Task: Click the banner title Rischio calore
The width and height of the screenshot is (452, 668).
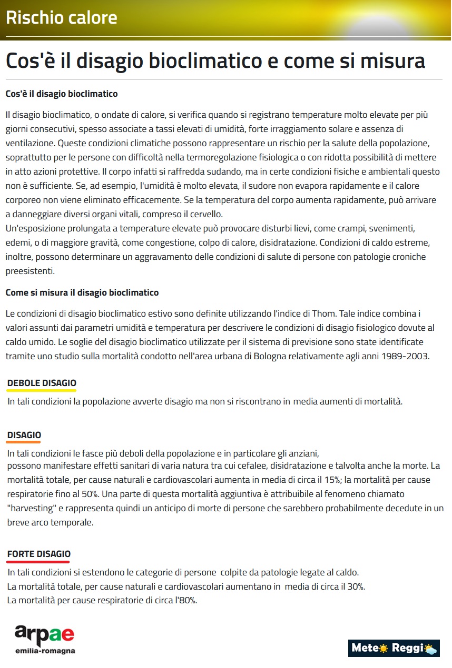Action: (x=61, y=18)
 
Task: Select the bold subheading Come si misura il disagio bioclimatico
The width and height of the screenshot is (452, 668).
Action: (x=82, y=292)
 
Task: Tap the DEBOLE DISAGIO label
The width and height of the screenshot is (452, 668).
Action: (x=42, y=383)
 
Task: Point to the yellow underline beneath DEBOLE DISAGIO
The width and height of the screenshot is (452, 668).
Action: (x=42, y=391)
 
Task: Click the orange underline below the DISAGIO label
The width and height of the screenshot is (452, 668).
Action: (x=24, y=442)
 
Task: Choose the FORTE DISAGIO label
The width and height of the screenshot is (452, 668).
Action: (x=38, y=554)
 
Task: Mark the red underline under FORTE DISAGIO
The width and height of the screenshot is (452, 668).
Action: (x=38, y=562)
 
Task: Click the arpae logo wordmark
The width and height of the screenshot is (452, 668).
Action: (x=44, y=634)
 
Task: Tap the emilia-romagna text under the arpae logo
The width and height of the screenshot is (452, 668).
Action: (x=45, y=651)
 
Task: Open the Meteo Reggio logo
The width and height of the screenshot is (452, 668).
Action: (x=394, y=648)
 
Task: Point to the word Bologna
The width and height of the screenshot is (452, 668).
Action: (x=269, y=356)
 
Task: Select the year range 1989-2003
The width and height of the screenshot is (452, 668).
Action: (x=405, y=356)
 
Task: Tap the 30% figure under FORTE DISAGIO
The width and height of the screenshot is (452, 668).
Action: (x=355, y=586)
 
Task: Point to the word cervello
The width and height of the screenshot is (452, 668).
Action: (x=205, y=215)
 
